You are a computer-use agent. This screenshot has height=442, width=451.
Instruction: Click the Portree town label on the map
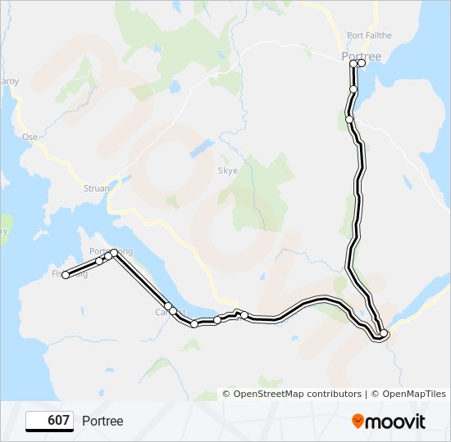tap(361, 56)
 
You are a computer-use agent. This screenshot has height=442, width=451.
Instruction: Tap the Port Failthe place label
tap(369, 35)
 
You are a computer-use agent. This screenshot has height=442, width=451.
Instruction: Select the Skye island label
tap(227, 171)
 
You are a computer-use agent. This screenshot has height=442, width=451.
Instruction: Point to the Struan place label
tap(97, 188)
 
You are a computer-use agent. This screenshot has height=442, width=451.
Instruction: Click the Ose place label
tap(31, 137)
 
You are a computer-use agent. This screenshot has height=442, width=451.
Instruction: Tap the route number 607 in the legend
tap(58, 421)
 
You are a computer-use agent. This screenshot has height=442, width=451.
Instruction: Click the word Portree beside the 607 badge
tap(102, 421)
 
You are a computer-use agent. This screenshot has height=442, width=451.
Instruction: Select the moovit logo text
tap(395, 422)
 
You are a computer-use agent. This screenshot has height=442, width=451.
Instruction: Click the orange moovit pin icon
tap(358, 422)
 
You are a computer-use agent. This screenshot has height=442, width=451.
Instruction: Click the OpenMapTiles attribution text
tap(410, 394)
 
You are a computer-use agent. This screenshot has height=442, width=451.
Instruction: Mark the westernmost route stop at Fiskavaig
tap(66, 275)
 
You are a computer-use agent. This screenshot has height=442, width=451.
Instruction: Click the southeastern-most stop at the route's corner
tap(384, 333)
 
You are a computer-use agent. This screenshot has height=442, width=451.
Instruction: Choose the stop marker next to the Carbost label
tap(168, 306)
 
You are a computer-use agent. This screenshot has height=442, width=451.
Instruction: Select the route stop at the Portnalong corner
tap(116, 253)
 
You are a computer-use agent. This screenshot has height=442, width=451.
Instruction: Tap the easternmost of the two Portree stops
tap(362, 63)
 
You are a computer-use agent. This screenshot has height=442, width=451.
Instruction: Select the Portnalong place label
tap(110, 251)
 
